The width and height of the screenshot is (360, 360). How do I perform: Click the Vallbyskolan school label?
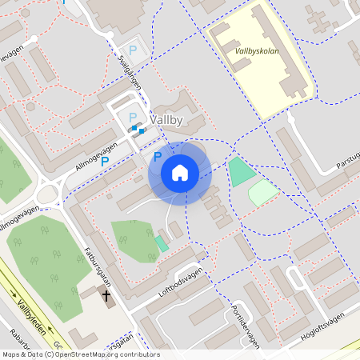click(257, 50)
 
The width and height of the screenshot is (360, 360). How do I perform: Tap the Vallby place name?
click(166, 121)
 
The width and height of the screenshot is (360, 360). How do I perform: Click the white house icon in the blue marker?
click(180, 173)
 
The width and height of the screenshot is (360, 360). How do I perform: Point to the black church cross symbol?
click(106, 298)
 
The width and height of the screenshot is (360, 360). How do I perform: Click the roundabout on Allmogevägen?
click(50, 192)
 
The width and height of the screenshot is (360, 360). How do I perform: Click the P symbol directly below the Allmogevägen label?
click(105, 161)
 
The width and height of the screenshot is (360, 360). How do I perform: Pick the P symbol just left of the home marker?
click(158, 157)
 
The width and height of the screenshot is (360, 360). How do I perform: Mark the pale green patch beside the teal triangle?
click(262, 192)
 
